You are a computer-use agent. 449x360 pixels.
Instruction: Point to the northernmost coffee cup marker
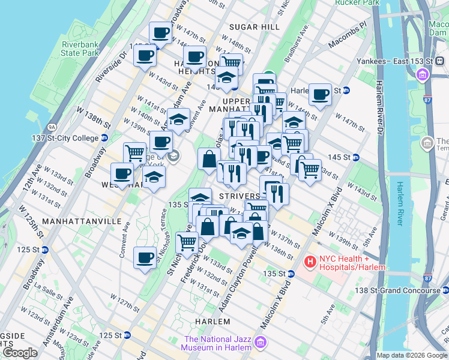tap(161, 32)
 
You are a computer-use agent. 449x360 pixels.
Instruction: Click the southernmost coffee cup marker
tap(145, 258)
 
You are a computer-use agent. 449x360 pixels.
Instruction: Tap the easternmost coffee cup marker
tap(320, 94)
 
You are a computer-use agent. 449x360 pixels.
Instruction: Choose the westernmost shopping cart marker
tap(134, 154)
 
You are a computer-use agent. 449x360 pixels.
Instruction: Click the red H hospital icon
tap(310, 261)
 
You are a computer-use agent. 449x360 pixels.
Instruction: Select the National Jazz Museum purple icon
tap(261, 342)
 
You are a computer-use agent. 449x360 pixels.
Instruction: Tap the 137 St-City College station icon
tap(104, 137)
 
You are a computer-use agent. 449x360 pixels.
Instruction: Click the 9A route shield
tap(52, 127)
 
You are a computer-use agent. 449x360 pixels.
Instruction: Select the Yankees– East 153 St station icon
tap(423, 74)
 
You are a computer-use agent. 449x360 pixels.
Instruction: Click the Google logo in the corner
tap(20, 353)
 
